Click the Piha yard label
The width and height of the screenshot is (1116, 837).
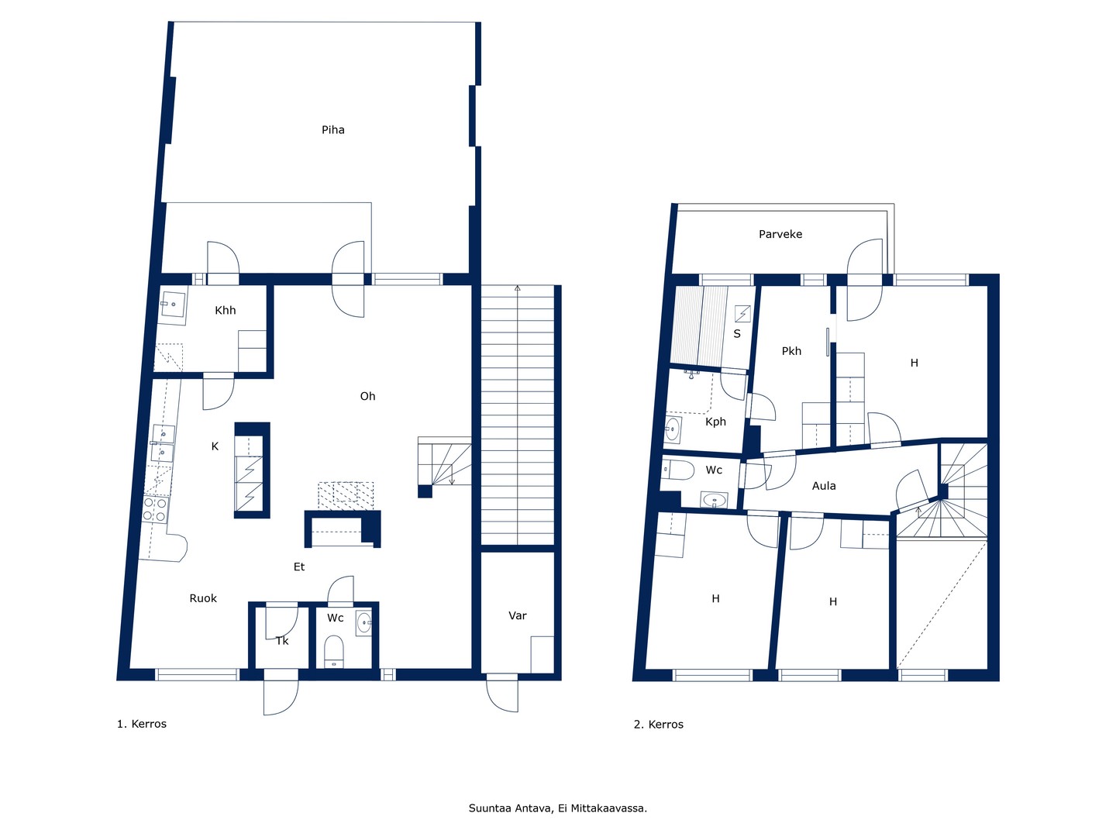click(x=333, y=130)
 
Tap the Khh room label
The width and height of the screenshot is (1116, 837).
click(x=226, y=311)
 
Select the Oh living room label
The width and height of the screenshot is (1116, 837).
click(x=367, y=396)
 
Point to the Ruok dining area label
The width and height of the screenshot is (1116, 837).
click(x=203, y=598)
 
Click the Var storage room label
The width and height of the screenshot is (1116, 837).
click(x=518, y=616)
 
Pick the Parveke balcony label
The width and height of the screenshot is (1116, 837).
click(x=780, y=234)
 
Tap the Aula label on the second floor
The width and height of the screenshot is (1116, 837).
click(x=824, y=486)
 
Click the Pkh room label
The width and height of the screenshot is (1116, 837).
click(x=791, y=351)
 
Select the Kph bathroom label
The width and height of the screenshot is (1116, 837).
click(x=715, y=422)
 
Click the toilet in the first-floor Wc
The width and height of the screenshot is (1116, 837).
click(x=333, y=651)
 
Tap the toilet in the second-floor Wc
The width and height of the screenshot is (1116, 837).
click(x=678, y=470)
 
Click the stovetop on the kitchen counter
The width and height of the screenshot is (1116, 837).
click(x=155, y=509)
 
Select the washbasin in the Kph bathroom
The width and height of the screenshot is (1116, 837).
click(x=673, y=429)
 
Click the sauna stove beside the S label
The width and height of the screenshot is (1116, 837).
click(x=742, y=313)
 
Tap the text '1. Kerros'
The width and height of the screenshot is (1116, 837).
click(x=141, y=724)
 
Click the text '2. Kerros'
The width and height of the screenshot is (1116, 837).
click(x=659, y=725)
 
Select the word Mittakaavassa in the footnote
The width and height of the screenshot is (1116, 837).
click(x=608, y=808)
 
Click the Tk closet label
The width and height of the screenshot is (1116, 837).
click(x=282, y=642)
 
